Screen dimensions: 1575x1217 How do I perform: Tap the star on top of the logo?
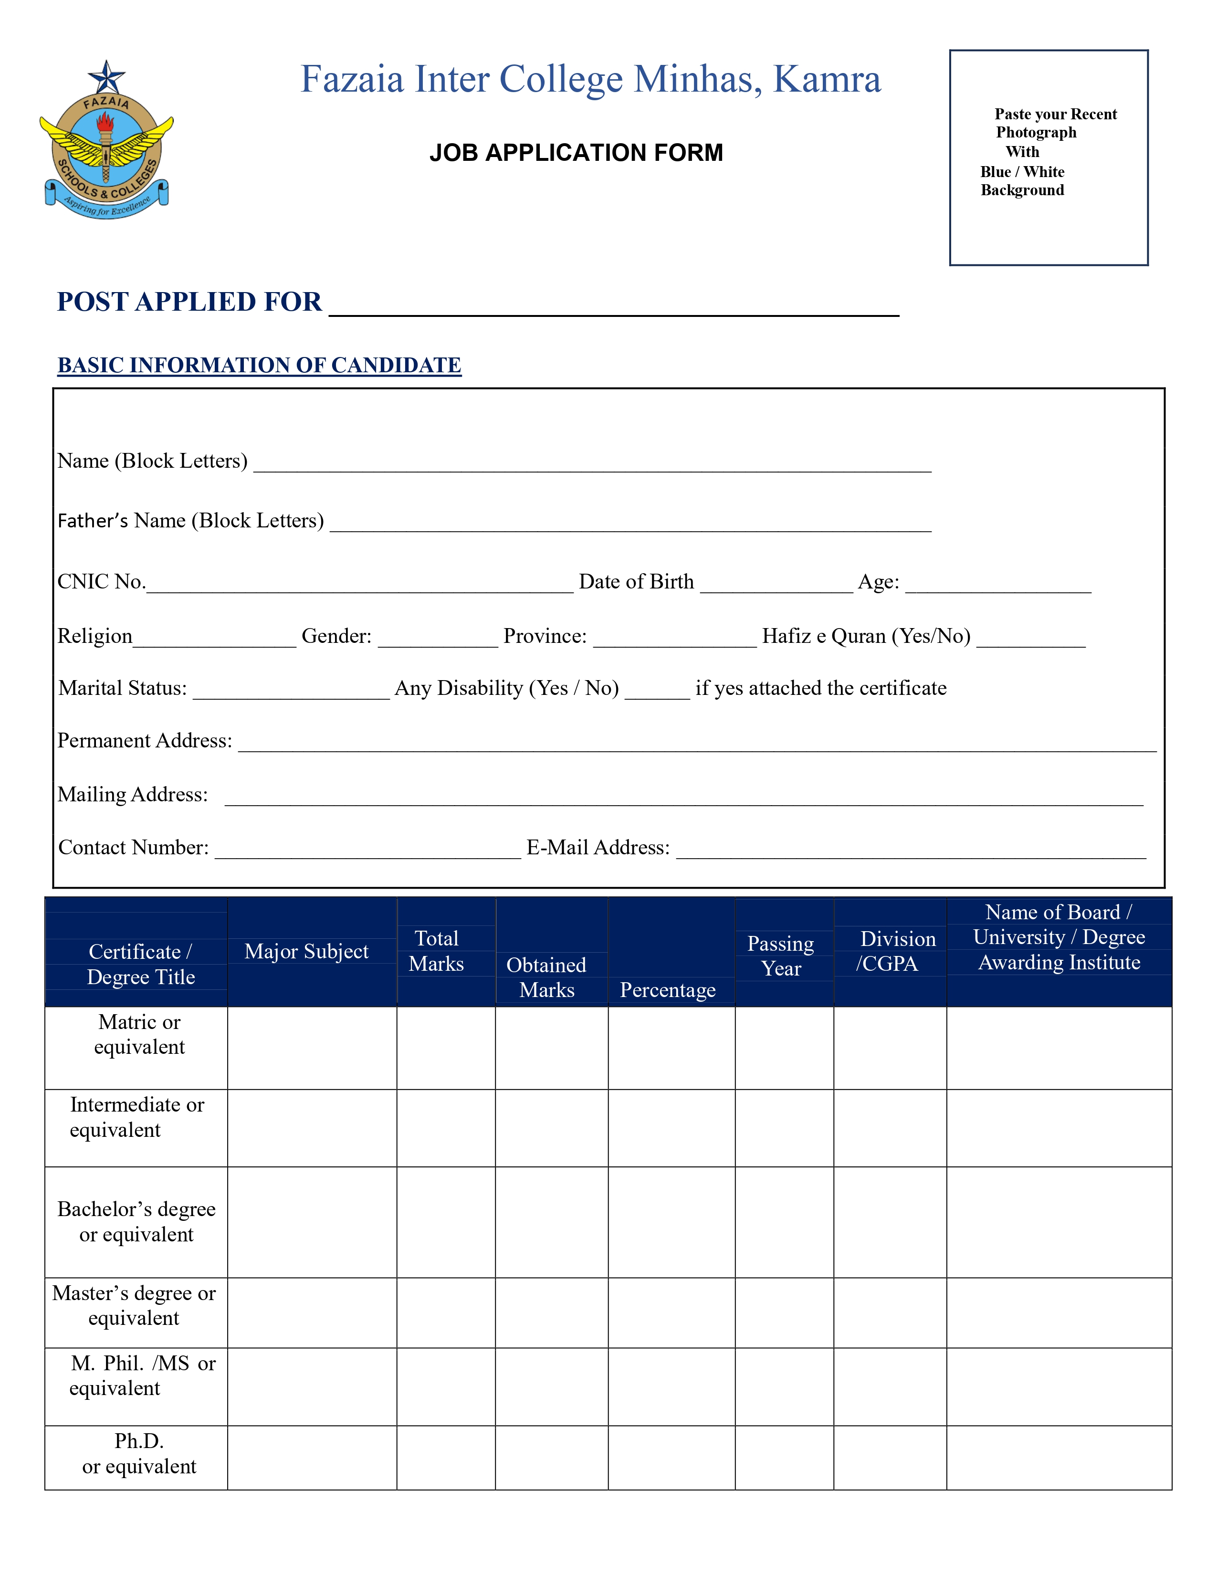pyautogui.click(x=107, y=76)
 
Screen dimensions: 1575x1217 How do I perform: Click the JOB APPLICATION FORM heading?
pyautogui.click(x=576, y=153)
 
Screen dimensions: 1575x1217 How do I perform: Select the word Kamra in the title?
pyautogui.click(x=827, y=79)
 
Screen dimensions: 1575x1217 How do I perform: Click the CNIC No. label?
pyautogui.click(x=101, y=581)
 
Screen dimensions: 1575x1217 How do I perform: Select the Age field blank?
pyautogui.click(x=998, y=586)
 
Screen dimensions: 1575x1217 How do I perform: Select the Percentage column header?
pyautogui.click(x=668, y=990)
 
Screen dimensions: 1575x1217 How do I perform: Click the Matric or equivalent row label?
pyautogui.click(x=139, y=1034)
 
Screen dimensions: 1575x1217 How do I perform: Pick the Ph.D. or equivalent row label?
pyautogui.click(x=139, y=1453)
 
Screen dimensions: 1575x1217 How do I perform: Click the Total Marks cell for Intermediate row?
pyautogui.click(x=446, y=1128)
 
